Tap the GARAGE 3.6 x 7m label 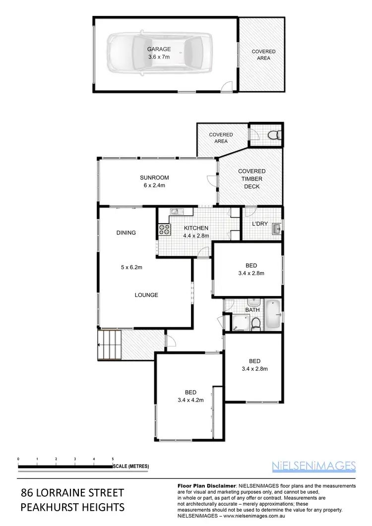pos(159,53)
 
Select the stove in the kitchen pos(164,230)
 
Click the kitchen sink pos(177,212)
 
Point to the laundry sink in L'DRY pos(276,228)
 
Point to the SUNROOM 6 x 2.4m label pos(154,181)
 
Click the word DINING pos(126,233)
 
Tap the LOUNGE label pos(146,295)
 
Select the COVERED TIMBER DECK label pos(252,179)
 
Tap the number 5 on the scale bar pos(113,459)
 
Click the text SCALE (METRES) pos(130,467)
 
